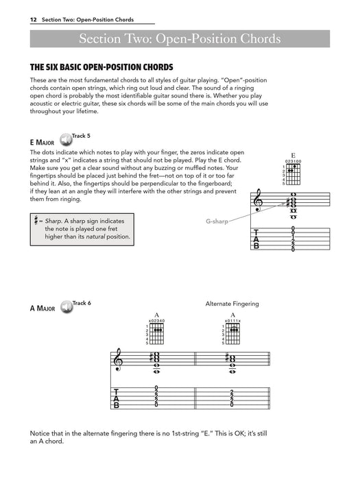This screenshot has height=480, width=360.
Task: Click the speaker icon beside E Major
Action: [x=67, y=140]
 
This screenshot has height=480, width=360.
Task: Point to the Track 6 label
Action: [x=82, y=302]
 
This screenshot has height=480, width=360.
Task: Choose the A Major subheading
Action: [x=42, y=309]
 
